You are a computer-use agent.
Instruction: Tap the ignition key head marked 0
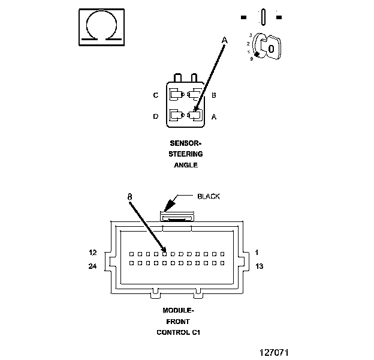point(272,48)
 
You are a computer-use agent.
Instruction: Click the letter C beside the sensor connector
point(155,95)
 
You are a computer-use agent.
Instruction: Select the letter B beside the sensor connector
point(214,95)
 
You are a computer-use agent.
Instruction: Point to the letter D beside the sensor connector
point(155,116)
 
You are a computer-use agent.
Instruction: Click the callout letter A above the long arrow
point(224,40)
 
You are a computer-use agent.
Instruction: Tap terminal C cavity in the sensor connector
point(176,95)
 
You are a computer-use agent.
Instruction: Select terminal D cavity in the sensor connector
point(176,115)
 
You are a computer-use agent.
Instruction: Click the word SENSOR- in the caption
point(186,143)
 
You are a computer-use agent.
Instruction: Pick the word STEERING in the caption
point(186,154)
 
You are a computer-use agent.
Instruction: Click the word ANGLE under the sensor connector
point(186,165)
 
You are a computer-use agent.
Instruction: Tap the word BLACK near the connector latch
point(209,196)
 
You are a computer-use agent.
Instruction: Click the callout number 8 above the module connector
point(129,197)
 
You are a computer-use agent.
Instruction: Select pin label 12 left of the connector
point(93,253)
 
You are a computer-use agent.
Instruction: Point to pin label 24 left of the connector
point(92,266)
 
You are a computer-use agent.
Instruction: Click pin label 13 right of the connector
point(260,266)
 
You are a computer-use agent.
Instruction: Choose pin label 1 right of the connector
point(257,253)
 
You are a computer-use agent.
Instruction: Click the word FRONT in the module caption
point(178,322)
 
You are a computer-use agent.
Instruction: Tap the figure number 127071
point(274,352)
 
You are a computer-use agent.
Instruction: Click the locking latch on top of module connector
point(177,217)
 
